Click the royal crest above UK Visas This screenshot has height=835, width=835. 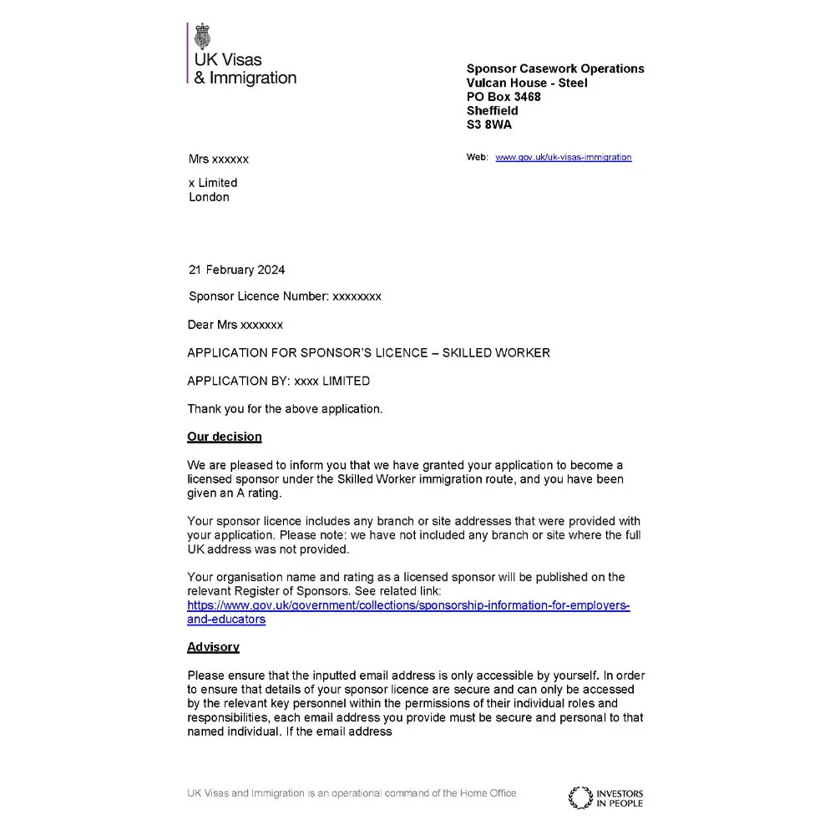202,38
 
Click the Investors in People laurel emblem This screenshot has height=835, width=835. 579,797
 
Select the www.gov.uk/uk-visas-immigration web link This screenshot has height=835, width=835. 563,157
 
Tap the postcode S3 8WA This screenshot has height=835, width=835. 489,125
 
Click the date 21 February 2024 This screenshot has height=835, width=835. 236,270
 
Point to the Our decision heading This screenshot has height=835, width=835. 224,437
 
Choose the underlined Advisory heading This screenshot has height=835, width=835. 213,647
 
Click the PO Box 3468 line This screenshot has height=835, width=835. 504,97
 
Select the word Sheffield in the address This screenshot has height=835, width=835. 492,111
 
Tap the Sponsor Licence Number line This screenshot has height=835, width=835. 285,296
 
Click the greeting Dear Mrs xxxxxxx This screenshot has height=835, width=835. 235,325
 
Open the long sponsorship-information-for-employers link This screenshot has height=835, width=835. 408,605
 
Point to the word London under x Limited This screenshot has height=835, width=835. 209,197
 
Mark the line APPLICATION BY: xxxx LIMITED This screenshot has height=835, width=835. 278,381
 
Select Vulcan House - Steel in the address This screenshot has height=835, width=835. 526,83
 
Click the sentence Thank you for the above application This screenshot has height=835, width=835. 285,409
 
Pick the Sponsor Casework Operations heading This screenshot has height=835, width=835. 555,68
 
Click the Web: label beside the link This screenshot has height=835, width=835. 477,157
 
